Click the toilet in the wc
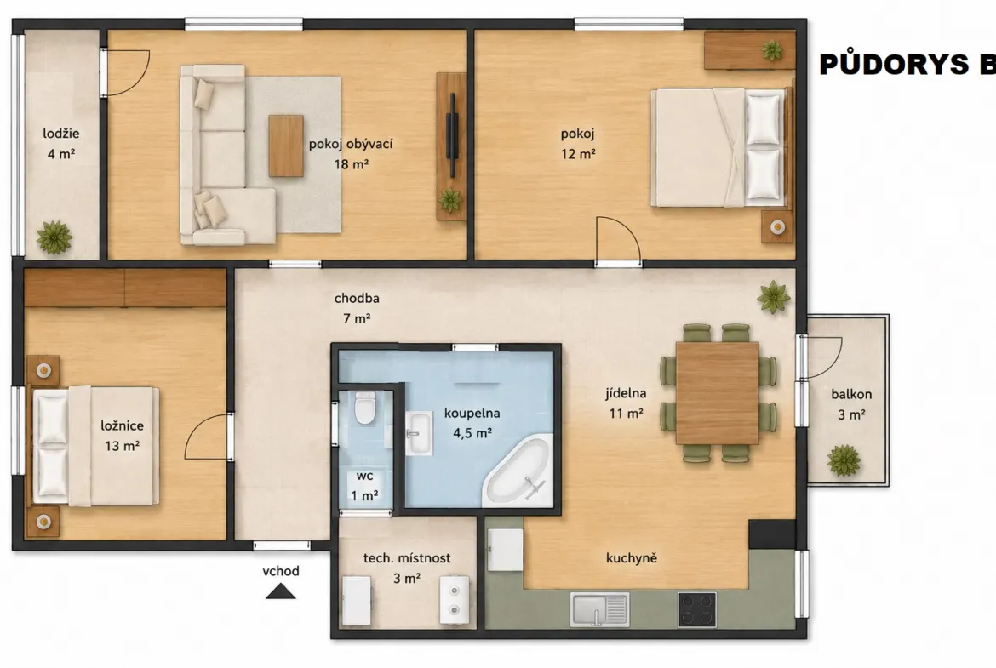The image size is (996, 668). pyautogui.click(x=364, y=408)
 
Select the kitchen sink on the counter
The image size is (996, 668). pyautogui.click(x=599, y=609)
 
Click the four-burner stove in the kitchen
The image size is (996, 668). pyautogui.click(x=697, y=609)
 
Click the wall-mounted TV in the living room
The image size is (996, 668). pyautogui.click(x=451, y=135)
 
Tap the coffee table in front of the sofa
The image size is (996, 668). pyautogui.click(x=286, y=146)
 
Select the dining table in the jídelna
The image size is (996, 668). pyautogui.click(x=717, y=392)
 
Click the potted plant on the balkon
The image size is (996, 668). pyautogui.click(x=844, y=460)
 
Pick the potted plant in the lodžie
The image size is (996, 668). pyautogui.click(x=54, y=237)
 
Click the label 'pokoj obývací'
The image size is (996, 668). pyautogui.click(x=351, y=144)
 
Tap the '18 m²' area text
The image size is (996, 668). pyautogui.click(x=352, y=164)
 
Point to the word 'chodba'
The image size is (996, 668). pyautogui.click(x=357, y=298)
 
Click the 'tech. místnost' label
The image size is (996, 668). pyautogui.click(x=407, y=558)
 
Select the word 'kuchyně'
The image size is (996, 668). pyautogui.click(x=632, y=558)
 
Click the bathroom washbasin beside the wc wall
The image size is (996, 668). pyautogui.click(x=419, y=433)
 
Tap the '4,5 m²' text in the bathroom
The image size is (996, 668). pyautogui.click(x=472, y=434)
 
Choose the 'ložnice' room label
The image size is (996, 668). pyautogui.click(x=122, y=425)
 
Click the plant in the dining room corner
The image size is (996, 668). pyautogui.click(x=774, y=297)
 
